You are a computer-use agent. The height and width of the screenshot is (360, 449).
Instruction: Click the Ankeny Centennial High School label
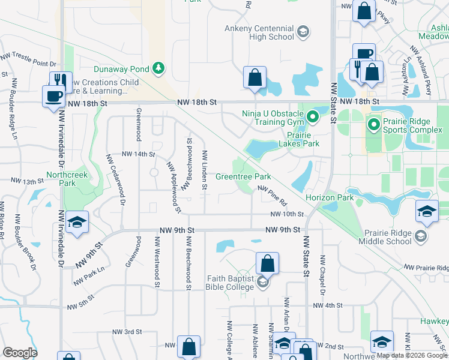(x=259, y=32)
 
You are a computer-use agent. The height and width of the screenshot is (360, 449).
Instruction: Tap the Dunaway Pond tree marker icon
(x=158, y=68)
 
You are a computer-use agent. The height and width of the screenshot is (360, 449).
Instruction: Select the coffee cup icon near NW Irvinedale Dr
(x=53, y=96)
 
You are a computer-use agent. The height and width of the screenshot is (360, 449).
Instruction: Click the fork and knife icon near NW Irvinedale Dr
(x=60, y=80)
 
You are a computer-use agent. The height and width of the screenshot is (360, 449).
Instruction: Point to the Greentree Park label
(x=243, y=177)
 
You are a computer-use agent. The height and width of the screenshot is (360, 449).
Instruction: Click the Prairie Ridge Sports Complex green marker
(x=373, y=125)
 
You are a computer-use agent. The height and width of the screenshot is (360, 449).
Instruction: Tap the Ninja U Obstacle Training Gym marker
(x=312, y=116)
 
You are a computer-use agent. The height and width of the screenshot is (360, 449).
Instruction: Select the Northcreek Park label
(x=61, y=179)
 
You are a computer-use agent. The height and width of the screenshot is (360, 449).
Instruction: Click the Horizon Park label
(x=329, y=197)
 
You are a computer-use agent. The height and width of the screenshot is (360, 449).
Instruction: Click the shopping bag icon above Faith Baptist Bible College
(x=267, y=263)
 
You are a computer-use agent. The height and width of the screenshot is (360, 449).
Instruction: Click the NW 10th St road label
(x=287, y=214)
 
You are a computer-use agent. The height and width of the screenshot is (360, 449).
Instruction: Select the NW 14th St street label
(x=139, y=154)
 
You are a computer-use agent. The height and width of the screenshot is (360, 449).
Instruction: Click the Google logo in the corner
(x=20, y=353)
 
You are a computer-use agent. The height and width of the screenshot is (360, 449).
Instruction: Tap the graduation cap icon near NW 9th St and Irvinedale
(x=77, y=222)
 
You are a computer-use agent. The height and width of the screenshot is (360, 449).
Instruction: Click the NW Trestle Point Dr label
(x=28, y=59)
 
